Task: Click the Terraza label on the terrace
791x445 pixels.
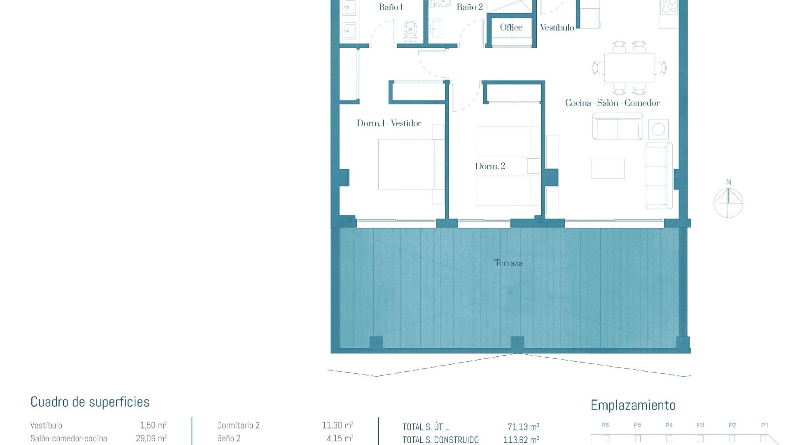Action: (508, 263)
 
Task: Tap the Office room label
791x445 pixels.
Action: (511, 28)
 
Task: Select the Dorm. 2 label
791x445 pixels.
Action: (490, 166)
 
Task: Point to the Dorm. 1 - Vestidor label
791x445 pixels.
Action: (389, 123)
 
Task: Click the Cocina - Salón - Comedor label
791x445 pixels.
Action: (612, 103)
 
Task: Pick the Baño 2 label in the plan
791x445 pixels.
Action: (470, 7)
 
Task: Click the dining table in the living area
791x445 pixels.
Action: (629, 68)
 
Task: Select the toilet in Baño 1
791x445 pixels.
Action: (410, 32)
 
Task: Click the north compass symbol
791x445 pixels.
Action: (728, 202)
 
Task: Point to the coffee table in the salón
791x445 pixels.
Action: (607, 169)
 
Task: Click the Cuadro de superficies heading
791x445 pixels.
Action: (90, 402)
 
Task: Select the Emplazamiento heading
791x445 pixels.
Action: (633, 405)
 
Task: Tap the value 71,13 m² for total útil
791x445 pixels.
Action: (523, 427)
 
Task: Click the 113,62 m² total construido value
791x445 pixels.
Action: (521, 440)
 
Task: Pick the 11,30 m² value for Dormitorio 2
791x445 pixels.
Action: (337, 425)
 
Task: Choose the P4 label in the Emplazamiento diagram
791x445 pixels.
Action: (669, 425)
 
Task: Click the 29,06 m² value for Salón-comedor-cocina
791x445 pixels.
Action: (151, 438)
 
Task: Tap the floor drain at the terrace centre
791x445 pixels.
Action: (510, 291)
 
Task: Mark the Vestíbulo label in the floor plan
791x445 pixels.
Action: (557, 28)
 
